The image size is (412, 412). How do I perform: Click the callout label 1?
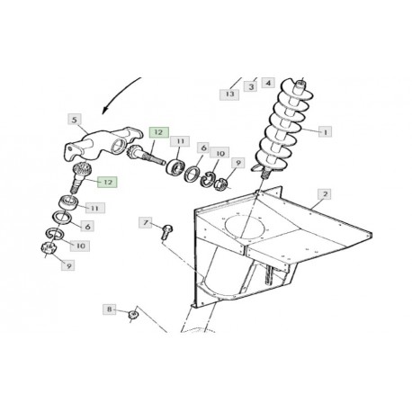point(325,131)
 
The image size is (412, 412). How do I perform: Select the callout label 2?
point(325,194)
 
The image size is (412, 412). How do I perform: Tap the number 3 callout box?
point(251,86)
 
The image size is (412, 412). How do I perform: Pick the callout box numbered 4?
point(268,83)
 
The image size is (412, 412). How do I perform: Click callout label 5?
point(75,120)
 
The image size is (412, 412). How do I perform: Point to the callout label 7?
point(146,223)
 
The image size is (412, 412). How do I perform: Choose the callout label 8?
point(110,309)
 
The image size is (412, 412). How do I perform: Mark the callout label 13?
point(229,94)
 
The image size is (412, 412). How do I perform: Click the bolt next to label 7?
point(166,232)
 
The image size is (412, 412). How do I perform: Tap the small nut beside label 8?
point(132,315)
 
